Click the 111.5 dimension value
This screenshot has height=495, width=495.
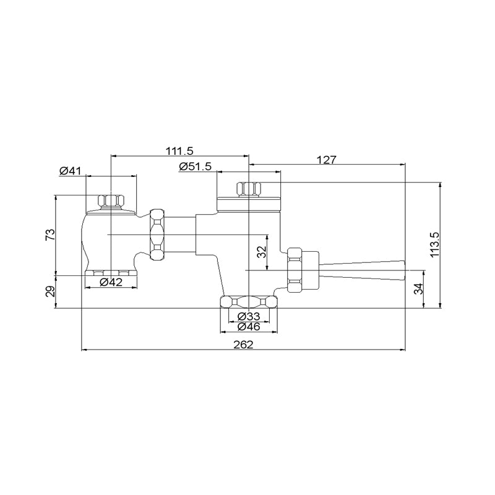click(179, 151)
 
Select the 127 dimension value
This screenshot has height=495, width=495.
click(327, 160)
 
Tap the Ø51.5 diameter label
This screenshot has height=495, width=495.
click(195, 166)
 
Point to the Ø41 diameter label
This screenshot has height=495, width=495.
click(70, 171)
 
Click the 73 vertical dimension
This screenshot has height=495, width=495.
click(50, 235)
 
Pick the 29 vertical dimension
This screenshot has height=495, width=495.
click(50, 291)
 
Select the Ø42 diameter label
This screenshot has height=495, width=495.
click(111, 282)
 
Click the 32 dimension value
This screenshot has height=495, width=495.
click(262, 252)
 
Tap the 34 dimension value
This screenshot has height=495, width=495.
click(419, 289)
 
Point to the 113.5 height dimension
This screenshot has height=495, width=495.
click(434, 245)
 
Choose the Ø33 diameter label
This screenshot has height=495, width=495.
click(249, 316)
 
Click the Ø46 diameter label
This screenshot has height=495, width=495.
click(249, 327)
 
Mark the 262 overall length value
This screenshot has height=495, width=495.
click(243, 345)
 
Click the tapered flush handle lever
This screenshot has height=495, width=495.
click(362, 270)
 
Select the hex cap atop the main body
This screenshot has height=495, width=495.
click(249, 189)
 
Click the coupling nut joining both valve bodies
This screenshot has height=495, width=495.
click(157, 235)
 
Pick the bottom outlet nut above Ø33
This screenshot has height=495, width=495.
click(249, 302)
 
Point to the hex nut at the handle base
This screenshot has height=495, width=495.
click(295, 270)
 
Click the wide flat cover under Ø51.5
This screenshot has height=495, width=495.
click(249, 204)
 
